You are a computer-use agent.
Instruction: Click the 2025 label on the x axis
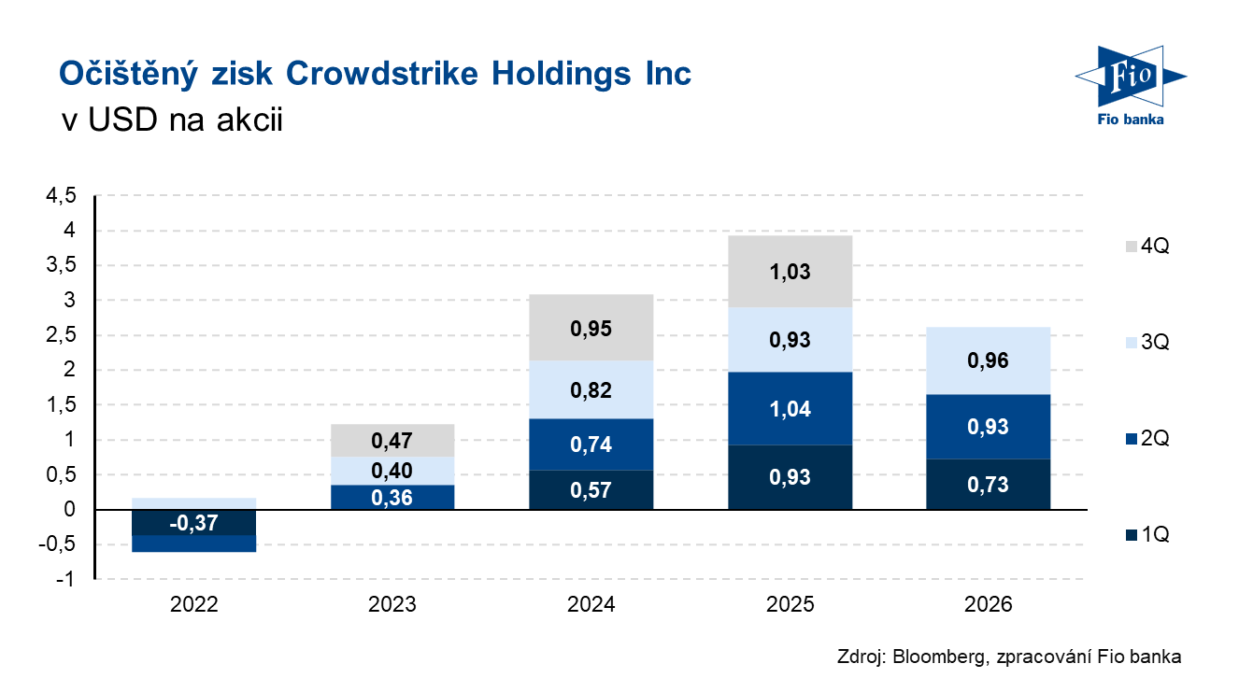pos(790,605)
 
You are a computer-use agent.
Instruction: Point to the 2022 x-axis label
pos(194,605)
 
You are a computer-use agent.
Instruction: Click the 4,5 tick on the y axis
pos(58,196)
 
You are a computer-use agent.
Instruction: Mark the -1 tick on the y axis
pos(64,580)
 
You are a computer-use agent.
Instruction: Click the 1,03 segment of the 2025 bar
pos(790,273)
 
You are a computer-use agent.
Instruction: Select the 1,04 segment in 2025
pos(790,408)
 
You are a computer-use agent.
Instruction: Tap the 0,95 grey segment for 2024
pos(591,328)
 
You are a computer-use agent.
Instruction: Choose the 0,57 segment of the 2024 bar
pos(591,489)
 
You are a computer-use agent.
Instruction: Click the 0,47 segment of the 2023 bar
pos(392,440)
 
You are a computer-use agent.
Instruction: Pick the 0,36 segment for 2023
pos(392,497)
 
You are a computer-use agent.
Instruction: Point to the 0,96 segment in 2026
pos(989,360)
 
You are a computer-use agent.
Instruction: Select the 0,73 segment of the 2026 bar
pos(989,484)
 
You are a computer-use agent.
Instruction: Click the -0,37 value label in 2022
pos(194,523)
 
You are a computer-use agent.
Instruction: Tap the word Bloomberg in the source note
pos(935,657)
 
